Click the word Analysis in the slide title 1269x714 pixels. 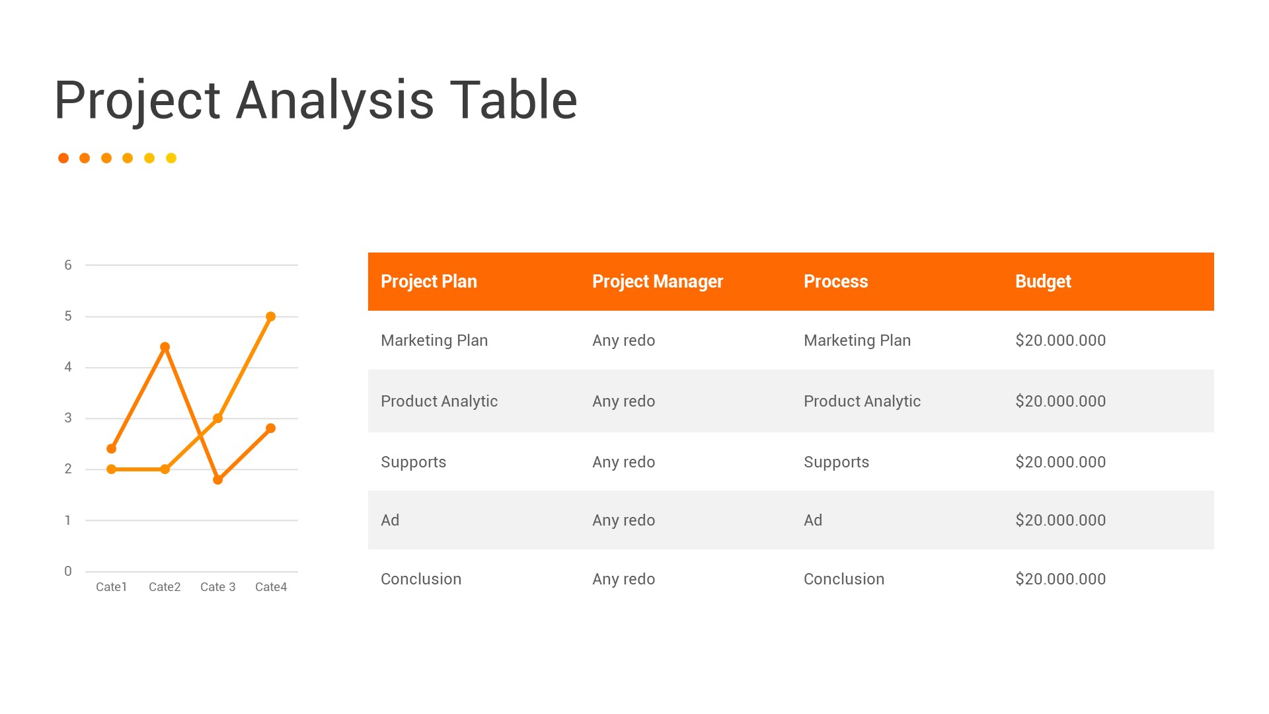pyautogui.click(x=335, y=100)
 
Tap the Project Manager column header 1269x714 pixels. pyautogui.click(x=657, y=282)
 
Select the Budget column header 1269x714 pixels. pyautogui.click(x=1042, y=282)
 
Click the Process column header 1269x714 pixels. pyautogui.click(x=835, y=282)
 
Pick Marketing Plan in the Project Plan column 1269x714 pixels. pyautogui.click(x=434, y=340)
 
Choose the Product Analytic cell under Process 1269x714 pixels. pyautogui.click(x=861, y=401)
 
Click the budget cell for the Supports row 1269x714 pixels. pyautogui.click(x=1060, y=462)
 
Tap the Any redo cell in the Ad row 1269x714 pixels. pyautogui.click(x=623, y=520)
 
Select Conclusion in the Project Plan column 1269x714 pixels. pyautogui.click(x=420, y=579)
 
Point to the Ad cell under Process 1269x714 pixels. pyautogui.click(x=812, y=520)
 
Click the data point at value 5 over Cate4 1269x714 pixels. pyautogui.click(x=270, y=317)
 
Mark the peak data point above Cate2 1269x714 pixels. pyautogui.click(x=165, y=347)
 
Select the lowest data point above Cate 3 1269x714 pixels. pyautogui.click(x=218, y=479)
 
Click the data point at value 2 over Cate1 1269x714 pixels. pyautogui.click(x=112, y=469)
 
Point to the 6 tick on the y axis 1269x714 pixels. pyautogui.click(x=68, y=265)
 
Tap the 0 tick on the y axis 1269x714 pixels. pyautogui.click(x=68, y=571)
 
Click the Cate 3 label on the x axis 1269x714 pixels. pyautogui.click(x=217, y=587)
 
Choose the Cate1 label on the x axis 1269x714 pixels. pyautogui.click(x=111, y=587)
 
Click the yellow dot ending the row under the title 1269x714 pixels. pyautogui.click(x=171, y=158)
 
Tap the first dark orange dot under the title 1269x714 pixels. pyautogui.click(x=63, y=158)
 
